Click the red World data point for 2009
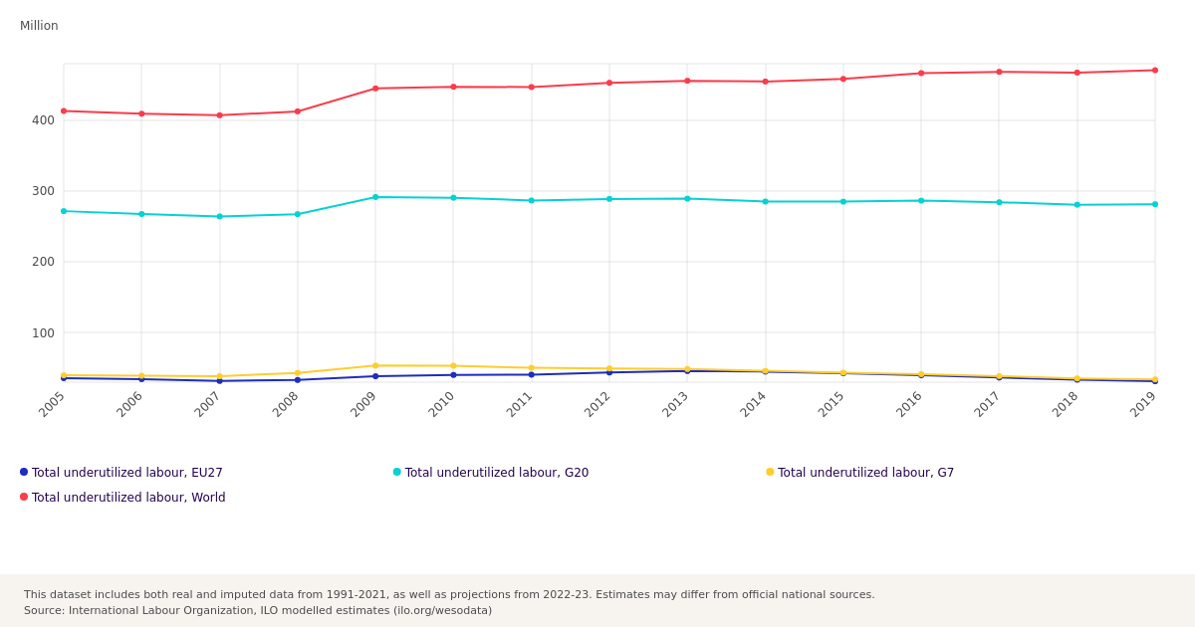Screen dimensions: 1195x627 click(375, 89)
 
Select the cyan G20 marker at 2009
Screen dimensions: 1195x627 click(375, 197)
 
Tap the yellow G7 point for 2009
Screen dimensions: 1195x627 click(375, 366)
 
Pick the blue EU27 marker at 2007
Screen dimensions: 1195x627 click(220, 381)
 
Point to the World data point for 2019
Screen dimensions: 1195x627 click(1155, 71)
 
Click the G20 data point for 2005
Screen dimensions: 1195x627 click(64, 211)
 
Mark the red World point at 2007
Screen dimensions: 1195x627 click(220, 115)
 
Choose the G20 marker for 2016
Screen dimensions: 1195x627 click(921, 201)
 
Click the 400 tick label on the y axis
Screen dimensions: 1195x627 click(43, 120)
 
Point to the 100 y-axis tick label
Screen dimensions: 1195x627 click(43, 333)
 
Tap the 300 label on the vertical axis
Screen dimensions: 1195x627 click(43, 191)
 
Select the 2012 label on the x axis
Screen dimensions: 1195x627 click(597, 405)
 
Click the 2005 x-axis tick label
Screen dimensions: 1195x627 click(52, 405)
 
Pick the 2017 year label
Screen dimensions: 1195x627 click(987, 405)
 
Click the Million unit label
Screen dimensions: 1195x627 click(39, 26)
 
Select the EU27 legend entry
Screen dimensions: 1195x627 click(121, 473)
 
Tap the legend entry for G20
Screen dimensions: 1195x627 click(491, 473)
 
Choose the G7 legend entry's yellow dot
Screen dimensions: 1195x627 click(770, 472)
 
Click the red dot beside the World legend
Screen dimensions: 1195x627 click(24, 497)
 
